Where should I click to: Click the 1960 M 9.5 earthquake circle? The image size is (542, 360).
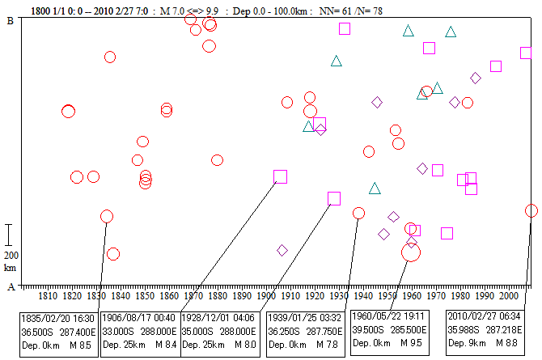point(411,252)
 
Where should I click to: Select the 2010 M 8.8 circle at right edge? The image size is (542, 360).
point(531,210)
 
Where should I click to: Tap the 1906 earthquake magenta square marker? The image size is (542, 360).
point(281,176)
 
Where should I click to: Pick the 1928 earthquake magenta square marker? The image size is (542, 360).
point(334,198)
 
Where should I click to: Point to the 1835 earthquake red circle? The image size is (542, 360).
point(106,216)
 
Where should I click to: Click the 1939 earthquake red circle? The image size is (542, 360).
point(358,213)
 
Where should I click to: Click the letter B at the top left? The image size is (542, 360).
point(9,22)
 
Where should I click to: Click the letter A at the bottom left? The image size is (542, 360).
point(9,286)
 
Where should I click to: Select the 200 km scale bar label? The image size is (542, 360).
point(10,260)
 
